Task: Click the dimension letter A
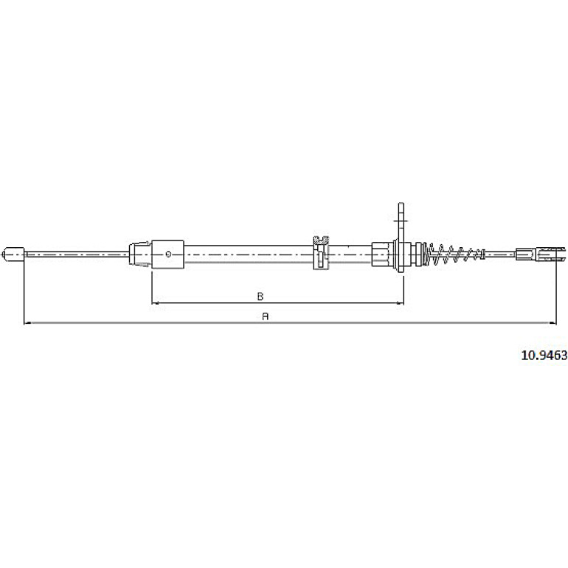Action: [265, 316]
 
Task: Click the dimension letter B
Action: [260, 297]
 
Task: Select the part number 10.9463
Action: [544, 356]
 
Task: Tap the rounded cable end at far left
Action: [13, 254]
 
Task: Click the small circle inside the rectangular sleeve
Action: [168, 254]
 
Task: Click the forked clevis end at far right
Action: [550, 254]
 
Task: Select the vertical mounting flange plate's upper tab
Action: [401, 221]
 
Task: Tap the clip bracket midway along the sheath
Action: [321, 252]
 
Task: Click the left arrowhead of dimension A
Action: [27, 323]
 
